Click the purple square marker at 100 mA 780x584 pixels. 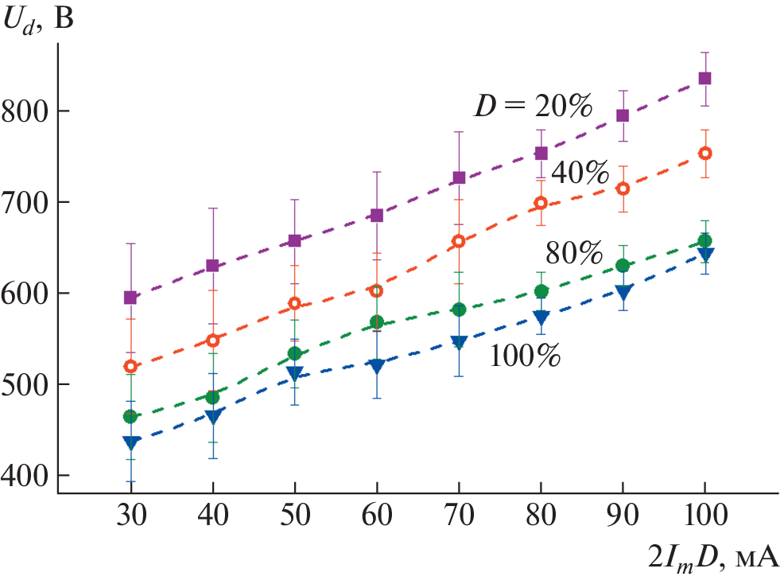pos(704,79)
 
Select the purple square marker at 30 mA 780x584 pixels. pos(130,298)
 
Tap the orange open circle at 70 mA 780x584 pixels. pos(459,241)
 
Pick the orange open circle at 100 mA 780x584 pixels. pos(704,154)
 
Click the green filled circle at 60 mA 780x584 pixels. pos(377,322)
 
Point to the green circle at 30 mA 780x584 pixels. pos(130,416)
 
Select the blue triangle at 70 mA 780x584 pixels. pos(459,343)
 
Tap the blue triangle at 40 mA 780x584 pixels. pos(212,416)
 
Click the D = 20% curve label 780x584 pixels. pos(533,106)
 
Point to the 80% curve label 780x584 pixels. pos(574,254)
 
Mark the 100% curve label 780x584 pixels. pos(525,355)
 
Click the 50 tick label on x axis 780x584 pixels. pos(295,518)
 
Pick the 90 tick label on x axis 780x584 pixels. pos(623,518)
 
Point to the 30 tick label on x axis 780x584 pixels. pos(130,518)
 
